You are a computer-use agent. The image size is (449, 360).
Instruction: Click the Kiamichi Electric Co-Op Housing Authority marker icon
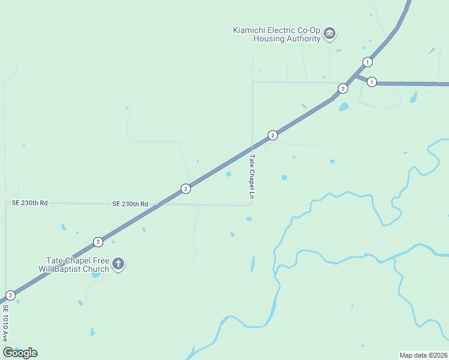click(x=330, y=34)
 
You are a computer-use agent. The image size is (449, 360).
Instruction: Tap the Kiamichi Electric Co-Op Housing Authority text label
click(x=277, y=34)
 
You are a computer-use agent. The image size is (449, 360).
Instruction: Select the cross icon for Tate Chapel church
click(x=119, y=263)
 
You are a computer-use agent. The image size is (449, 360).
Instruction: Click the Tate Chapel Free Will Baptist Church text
click(x=78, y=265)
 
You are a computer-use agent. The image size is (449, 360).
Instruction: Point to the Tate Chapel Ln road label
click(x=252, y=176)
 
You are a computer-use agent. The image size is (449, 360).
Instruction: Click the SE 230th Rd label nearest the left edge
click(x=30, y=203)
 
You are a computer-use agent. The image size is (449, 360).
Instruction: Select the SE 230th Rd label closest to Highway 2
click(x=130, y=204)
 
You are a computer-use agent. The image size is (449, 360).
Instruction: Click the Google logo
click(x=20, y=353)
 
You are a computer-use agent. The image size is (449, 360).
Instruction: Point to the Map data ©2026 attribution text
click(x=423, y=355)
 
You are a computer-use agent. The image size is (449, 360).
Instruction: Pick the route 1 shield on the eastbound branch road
click(x=372, y=82)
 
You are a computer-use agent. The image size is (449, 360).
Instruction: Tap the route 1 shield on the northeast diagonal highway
click(x=367, y=62)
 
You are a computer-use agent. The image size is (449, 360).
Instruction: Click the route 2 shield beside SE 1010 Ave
click(x=10, y=295)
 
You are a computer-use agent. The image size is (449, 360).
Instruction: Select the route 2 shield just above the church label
click(x=98, y=242)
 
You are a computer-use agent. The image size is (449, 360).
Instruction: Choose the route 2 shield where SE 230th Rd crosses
click(x=185, y=188)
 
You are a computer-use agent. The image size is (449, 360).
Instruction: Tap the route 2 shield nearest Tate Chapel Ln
click(x=273, y=135)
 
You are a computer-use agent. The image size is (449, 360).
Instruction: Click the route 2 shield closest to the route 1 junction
click(x=343, y=88)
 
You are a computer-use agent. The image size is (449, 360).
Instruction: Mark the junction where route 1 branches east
click(x=355, y=76)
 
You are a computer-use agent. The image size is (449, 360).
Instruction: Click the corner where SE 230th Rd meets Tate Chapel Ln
click(x=252, y=204)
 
